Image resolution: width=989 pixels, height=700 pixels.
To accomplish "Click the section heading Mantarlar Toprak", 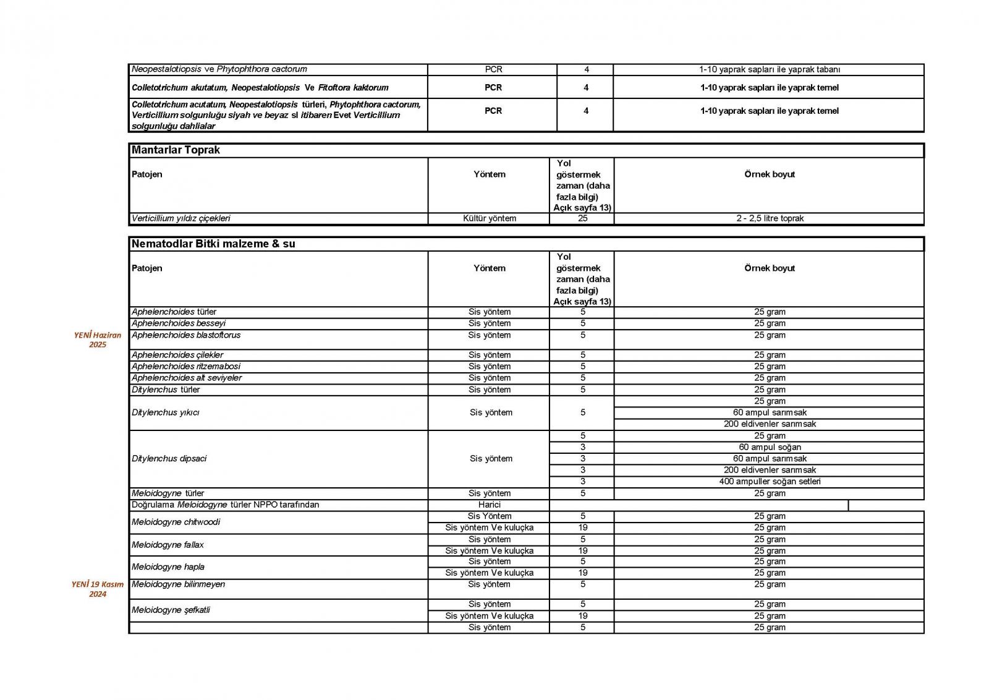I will pyautogui.click(x=176, y=150).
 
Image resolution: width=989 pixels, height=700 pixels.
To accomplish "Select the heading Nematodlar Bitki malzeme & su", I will pyautogui.click(x=213, y=244).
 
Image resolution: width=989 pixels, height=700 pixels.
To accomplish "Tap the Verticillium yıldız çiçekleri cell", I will pyautogui.click(x=181, y=218).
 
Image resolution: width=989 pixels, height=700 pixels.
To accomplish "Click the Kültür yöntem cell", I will pyautogui.click(x=489, y=218).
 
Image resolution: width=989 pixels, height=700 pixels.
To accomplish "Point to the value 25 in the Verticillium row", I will pyautogui.click(x=582, y=218).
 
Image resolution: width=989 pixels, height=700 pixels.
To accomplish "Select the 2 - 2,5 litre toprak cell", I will pyautogui.click(x=770, y=218).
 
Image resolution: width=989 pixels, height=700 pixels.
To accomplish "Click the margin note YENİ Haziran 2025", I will pyautogui.click(x=98, y=339).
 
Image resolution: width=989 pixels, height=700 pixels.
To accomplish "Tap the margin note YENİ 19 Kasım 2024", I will pyautogui.click(x=98, y=589).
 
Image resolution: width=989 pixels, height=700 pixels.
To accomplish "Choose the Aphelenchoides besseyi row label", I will pyautogui.click(x=179, y=323).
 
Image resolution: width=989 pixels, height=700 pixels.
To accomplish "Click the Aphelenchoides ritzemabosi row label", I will pyautogui.click(x=186, y=366).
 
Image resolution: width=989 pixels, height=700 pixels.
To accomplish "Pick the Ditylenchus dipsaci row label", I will pyautogui.click(x=169, y=458).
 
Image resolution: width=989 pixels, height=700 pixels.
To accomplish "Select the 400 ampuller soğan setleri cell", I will pyautogui.click(x=770, y=481).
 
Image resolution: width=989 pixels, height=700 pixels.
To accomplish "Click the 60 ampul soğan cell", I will pyautogui.click(x=770, y=447).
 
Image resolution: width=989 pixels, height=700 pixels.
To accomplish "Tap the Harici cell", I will pyautogui.click(x=489, y=505).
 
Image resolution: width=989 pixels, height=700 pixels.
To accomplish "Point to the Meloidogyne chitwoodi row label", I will pyautogui.click(x=176, y=522).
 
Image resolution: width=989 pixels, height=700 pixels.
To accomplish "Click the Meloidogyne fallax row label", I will pyautogui.click(x=168, y=545).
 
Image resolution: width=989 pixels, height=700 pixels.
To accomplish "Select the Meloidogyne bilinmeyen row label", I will pyautogui.click(x=179, y=584).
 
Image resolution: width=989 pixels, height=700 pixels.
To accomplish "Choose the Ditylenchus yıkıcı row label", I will pyautogui.click(x=166, y=412).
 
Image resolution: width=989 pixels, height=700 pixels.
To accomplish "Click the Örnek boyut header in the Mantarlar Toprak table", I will pyautogui.click(x=770, y=174).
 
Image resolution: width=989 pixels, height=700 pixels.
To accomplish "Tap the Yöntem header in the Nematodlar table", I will pyautogui.click(x=489, y=268).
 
